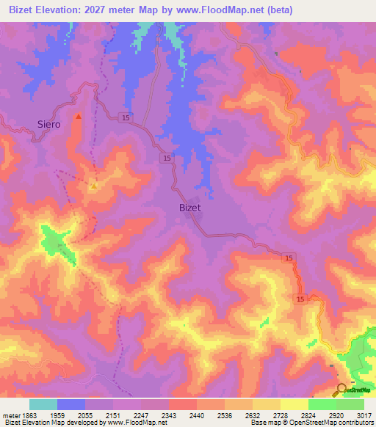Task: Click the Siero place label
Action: [x=48, y=124]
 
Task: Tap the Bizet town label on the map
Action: [x=189, y=208]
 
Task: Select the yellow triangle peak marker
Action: [x=93, y=186]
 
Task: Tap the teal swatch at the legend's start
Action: [x=43, y=404]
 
